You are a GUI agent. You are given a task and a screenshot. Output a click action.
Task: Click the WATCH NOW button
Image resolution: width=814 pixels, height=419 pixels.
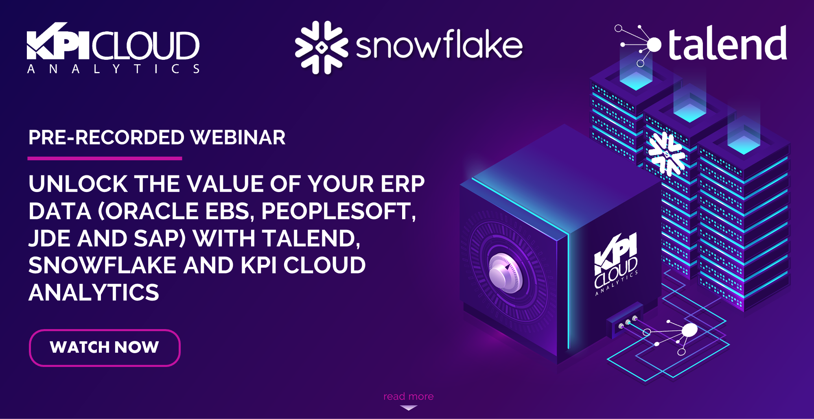[105, 348]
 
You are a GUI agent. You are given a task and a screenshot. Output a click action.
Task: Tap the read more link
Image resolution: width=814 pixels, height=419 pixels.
[408, 396]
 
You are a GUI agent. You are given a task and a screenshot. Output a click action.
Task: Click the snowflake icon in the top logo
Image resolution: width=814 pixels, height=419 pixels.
[322, 48]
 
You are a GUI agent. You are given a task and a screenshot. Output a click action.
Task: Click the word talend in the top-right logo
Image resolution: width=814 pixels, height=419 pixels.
[727, 44]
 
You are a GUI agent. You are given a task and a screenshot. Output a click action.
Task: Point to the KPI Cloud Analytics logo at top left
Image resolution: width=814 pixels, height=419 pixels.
[113, 48]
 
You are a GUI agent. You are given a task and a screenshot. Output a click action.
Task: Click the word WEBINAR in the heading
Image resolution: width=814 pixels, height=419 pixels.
[238, 137]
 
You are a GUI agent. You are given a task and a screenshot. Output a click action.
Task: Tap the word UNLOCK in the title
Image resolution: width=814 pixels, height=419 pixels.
[78, 184]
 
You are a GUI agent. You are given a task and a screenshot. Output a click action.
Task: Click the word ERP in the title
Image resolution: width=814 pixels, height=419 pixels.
[403, 184]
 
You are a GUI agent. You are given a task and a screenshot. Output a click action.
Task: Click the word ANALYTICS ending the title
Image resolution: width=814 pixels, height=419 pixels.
[94, 292]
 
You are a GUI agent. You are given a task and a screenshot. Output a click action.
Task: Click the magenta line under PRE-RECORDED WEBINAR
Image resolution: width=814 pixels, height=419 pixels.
[105, 158]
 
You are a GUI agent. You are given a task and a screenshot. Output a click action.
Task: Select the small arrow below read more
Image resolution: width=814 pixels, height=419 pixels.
[408, 408]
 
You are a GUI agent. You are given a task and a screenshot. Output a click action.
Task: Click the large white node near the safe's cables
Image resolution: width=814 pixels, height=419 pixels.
[689, 330]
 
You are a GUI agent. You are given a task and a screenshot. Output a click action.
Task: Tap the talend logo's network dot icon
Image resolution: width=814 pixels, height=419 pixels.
[653, 44]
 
